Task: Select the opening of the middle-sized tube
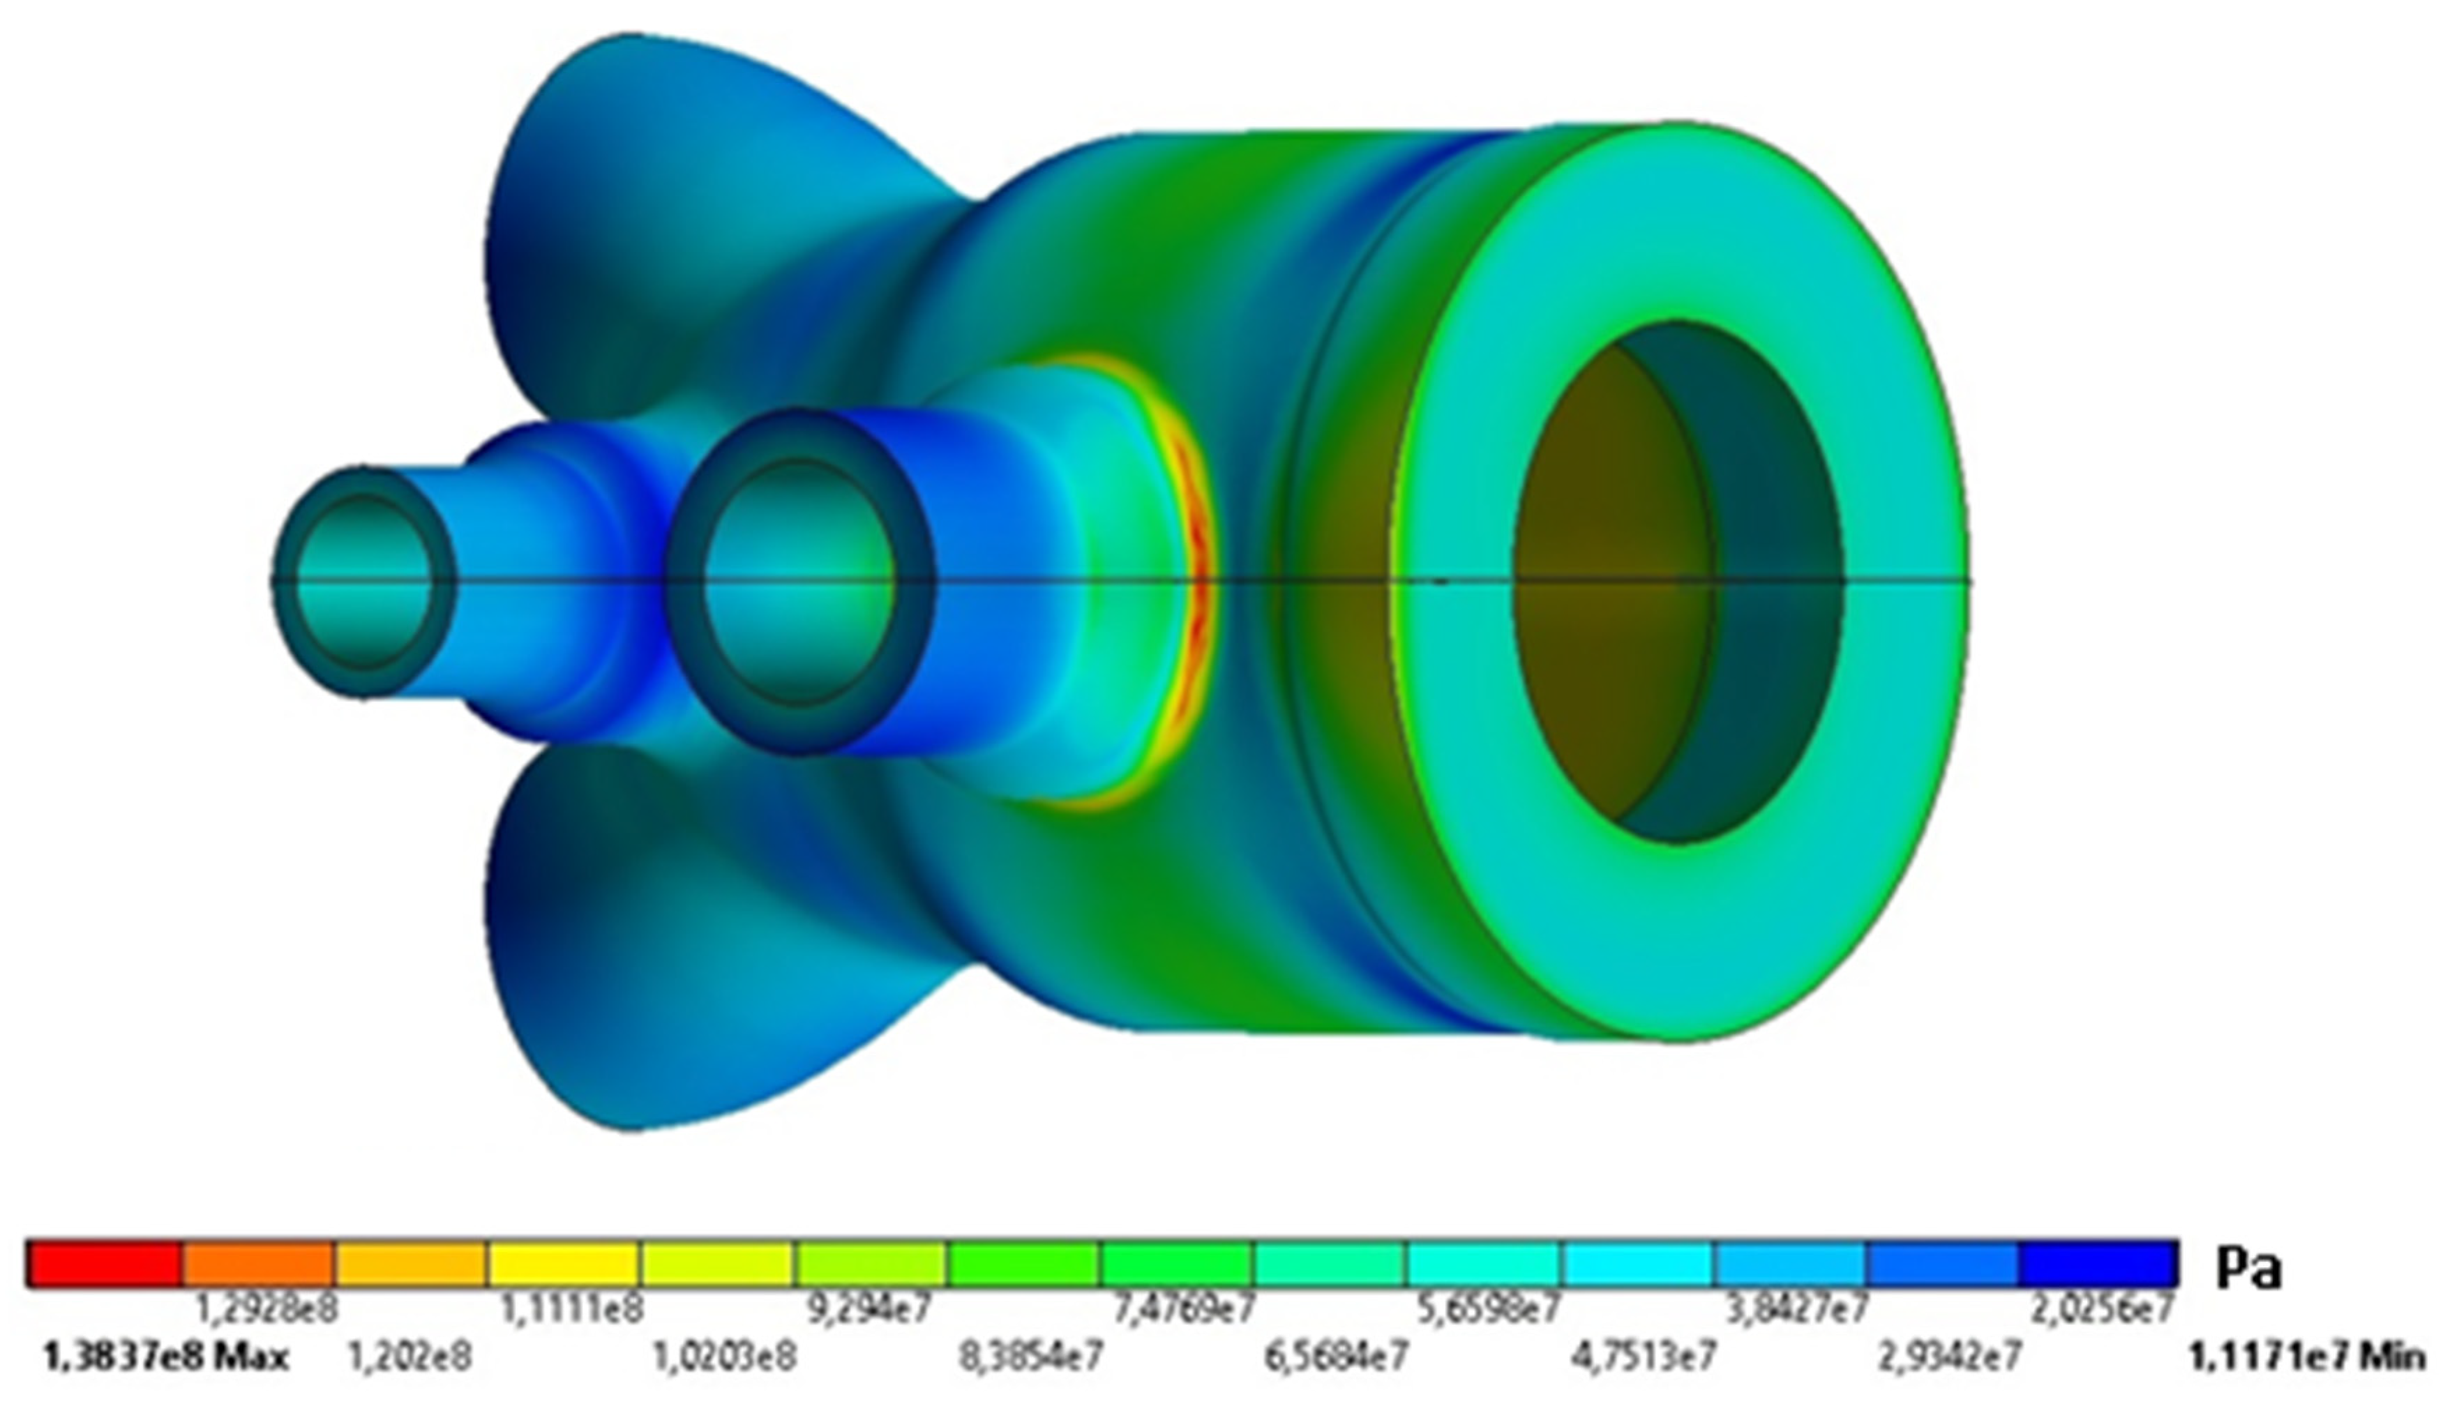point(799,582)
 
